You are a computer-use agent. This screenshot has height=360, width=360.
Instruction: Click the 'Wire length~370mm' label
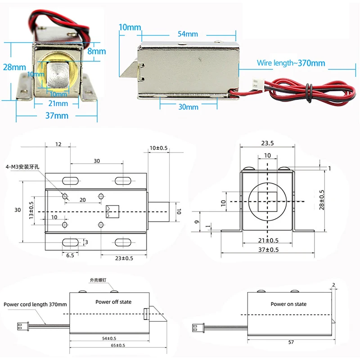coord(291,63)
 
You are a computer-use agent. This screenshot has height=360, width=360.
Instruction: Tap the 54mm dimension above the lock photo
coord(188,34)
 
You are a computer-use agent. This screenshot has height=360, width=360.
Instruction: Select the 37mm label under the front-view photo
coord(57,116)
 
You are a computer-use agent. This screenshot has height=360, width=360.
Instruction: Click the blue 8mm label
coord(97,51)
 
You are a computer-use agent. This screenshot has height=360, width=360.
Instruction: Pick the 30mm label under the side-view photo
coord(188,107)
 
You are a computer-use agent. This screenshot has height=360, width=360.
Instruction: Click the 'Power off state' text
coord(113,302)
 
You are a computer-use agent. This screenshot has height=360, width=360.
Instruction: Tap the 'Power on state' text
coord(288,304)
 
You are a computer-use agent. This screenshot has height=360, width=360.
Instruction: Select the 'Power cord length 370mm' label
coord(35,305)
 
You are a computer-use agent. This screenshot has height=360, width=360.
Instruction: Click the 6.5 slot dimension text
coord(70,255)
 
